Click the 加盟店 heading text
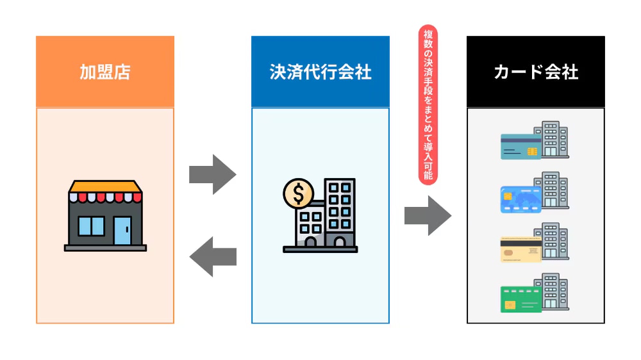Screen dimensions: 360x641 pyautogui.click(x=104, y=72)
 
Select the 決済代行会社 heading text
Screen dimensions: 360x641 pyautogui.click(x=320, y=72)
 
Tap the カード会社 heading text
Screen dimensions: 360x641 pyautogui.click(x=535, y=72)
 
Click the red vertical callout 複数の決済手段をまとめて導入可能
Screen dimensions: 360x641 pyautogui.click(x=428, y=105)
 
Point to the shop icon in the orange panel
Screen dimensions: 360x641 pyautogui.click(x=105, y=215)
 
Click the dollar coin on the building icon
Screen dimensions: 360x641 pyautogui.click(x=298, y=193)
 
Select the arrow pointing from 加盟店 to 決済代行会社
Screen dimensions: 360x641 pyautogui.click(x=213, y=174)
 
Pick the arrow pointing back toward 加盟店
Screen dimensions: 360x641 pyautogui.click(x=213, y=256)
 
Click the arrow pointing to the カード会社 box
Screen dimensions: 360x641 pyautogui.click(x=428, y=215)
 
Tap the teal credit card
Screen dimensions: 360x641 pyautogui.click(x=520, y=146)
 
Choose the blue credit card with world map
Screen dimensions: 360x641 pyautogui.click(x=520, y=198)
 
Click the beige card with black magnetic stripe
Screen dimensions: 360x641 pyautogui.click(x=520, y=250)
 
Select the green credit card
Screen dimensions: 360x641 pyautogui.click(x=520, y=299)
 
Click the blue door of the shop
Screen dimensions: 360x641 pyautogui.click(x=122, y=230)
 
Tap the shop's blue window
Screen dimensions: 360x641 pyautogui.click(x=91, y=226)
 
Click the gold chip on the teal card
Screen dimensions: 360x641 pyautogui.click(x=531, y=152)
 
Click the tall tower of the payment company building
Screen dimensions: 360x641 pyautogui.click(x=340, y=211)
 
